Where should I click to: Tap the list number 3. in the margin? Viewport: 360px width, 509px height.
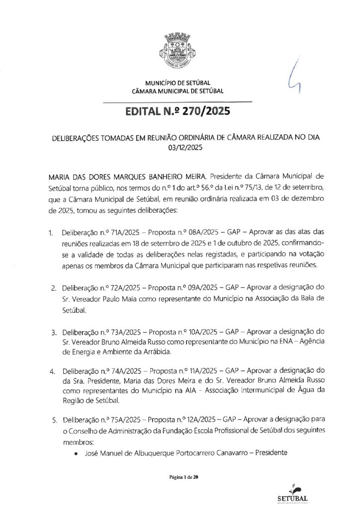click(x=53, y=332)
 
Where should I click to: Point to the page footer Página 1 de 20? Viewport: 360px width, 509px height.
click(x=183, y=478)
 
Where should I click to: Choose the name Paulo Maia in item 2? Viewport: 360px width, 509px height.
click(x=108, y=300)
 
